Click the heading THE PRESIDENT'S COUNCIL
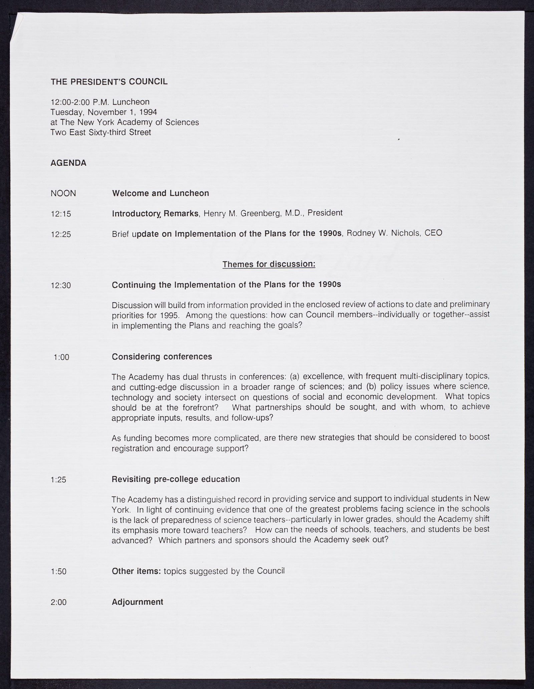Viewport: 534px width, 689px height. (109, 82)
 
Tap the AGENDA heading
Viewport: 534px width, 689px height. (68, 163)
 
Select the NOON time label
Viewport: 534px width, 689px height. (63, 193)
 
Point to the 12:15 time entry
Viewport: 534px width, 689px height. (61, 214)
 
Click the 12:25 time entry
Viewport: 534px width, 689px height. (61, 234)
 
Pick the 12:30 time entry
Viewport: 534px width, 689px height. (61, 286)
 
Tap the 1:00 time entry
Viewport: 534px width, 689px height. (61, 357)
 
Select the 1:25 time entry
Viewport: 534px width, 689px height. (58, 480)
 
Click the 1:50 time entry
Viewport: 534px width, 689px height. (58, 571)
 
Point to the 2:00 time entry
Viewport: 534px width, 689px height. (58, 602)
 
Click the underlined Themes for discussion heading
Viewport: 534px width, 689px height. (269, 265)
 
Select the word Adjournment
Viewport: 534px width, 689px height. (138, 602)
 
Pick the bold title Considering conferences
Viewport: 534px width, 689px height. (162, 357)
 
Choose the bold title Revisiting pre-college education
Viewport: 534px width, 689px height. (176, 479)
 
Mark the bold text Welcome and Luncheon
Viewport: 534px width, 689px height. (161, 193)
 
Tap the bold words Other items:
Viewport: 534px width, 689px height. (137, 571)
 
